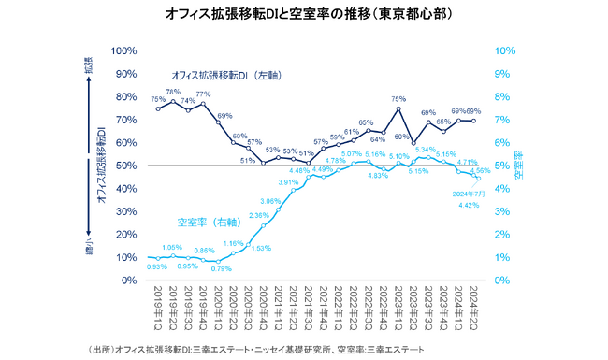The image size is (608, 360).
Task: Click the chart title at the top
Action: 304,16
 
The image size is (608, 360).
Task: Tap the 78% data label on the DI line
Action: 173,92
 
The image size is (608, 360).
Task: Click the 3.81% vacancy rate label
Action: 288,182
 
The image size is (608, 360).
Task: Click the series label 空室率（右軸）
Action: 209,223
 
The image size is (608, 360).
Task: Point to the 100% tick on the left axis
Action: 125,50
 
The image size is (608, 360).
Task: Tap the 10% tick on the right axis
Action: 503,50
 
